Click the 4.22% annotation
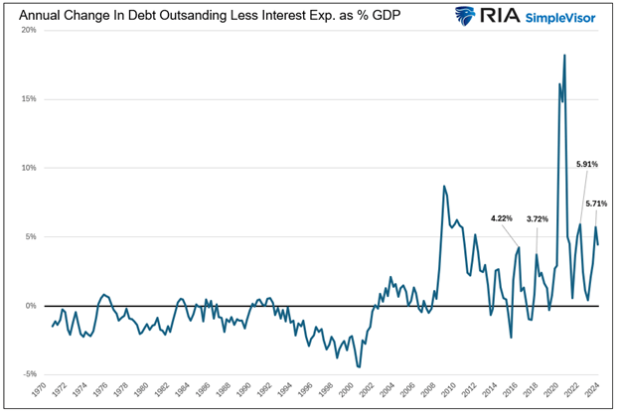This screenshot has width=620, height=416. point(503,218)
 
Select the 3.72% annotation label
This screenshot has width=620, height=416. point(538,218)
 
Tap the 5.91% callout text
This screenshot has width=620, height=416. point(587,164)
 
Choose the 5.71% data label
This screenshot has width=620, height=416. point(596,205)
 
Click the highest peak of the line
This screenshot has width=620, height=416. point(564,56)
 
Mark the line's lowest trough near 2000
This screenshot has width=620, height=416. point(359,367)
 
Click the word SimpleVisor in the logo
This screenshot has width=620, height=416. point(566,18)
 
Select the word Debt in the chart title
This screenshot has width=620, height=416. point(127,16)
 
